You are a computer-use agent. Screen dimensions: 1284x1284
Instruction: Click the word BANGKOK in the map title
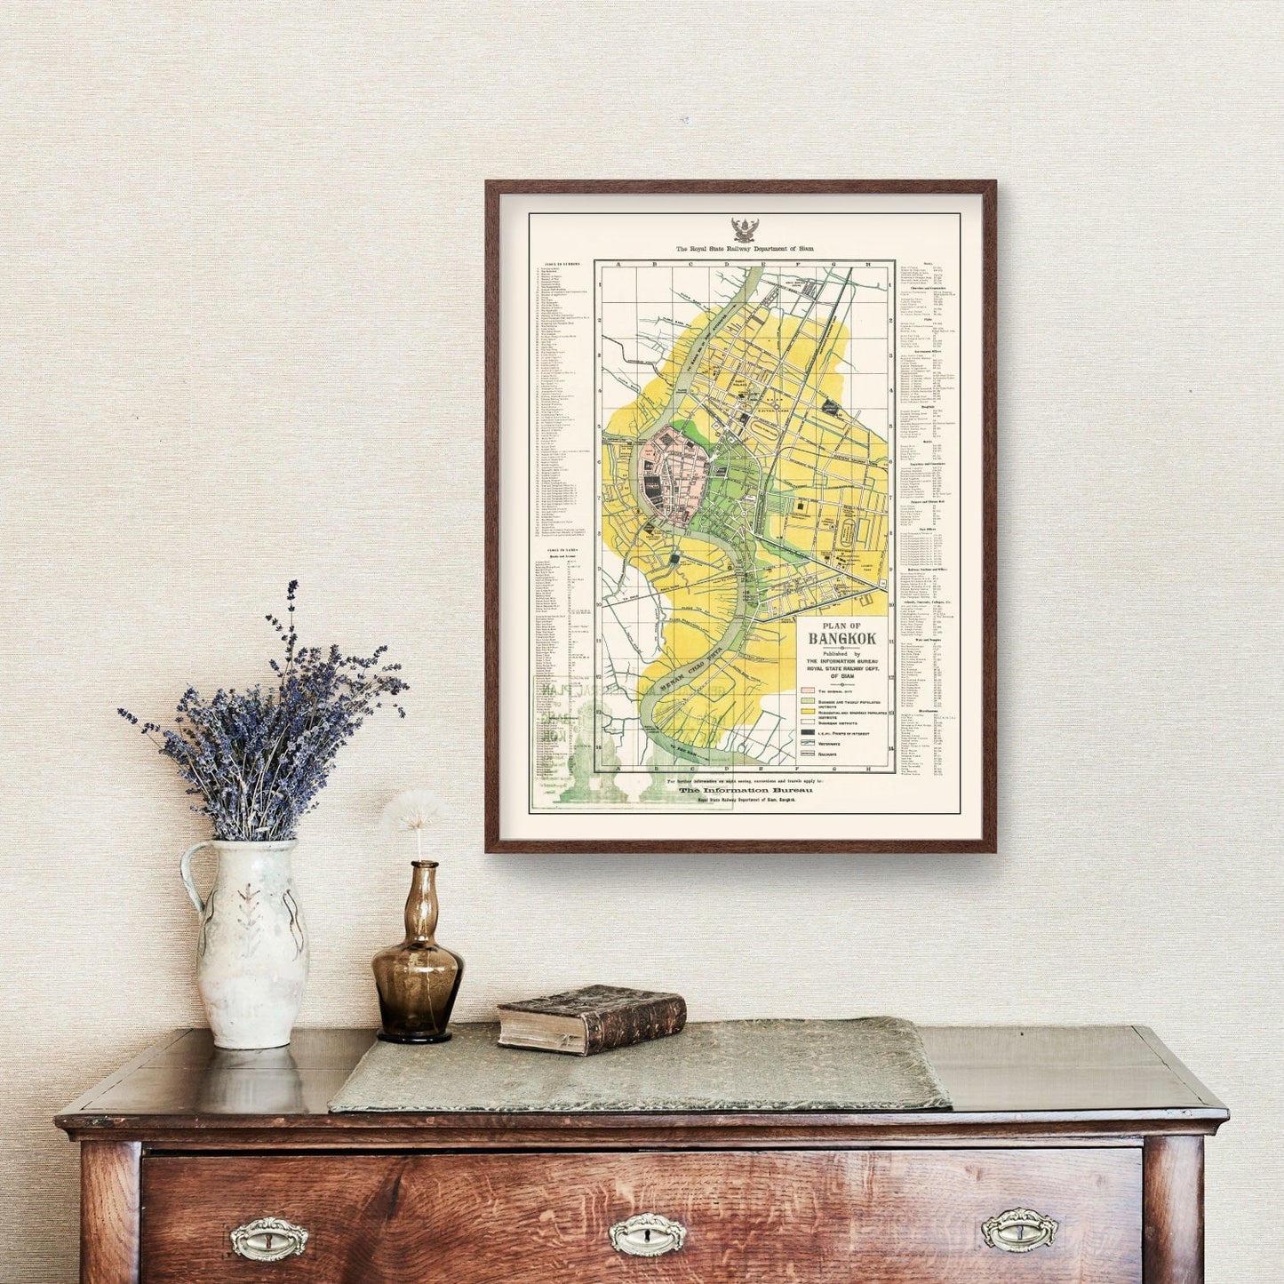point(841,639)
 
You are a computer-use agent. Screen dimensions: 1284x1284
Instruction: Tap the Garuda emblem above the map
point(744,230)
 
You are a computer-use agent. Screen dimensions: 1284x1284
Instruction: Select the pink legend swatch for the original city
point(809,690)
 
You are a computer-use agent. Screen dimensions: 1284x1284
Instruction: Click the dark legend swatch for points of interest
point(809,733)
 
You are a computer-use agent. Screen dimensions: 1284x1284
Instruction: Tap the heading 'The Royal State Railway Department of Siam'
point(744,250)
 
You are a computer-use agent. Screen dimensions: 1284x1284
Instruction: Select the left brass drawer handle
point(268,1238)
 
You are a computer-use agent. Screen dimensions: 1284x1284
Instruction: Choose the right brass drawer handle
point(1019,1229)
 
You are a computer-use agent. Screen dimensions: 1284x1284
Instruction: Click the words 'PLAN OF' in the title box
point(841,626)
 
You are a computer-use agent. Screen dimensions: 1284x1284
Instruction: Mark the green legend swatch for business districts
point(809,702)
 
